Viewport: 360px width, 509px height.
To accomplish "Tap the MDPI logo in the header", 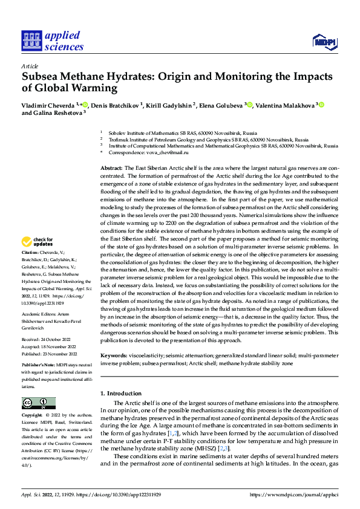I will pos(324,41).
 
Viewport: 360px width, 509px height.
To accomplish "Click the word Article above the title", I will pos(30,66).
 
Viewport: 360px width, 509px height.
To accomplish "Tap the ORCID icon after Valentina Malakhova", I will pos(322,105).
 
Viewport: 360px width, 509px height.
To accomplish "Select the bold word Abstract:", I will pos(111,167).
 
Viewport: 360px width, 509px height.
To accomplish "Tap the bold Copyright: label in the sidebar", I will pos(33,416).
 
